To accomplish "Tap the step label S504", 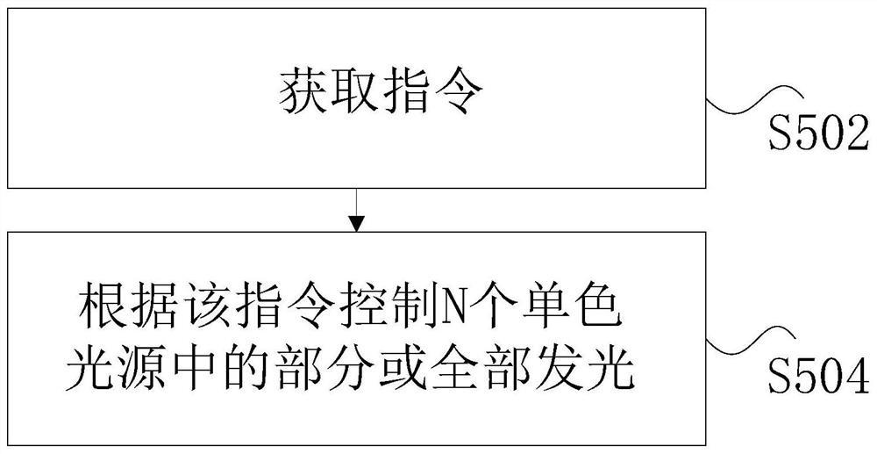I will coord(817,379).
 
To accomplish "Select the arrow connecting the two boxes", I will coord(355,210).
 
